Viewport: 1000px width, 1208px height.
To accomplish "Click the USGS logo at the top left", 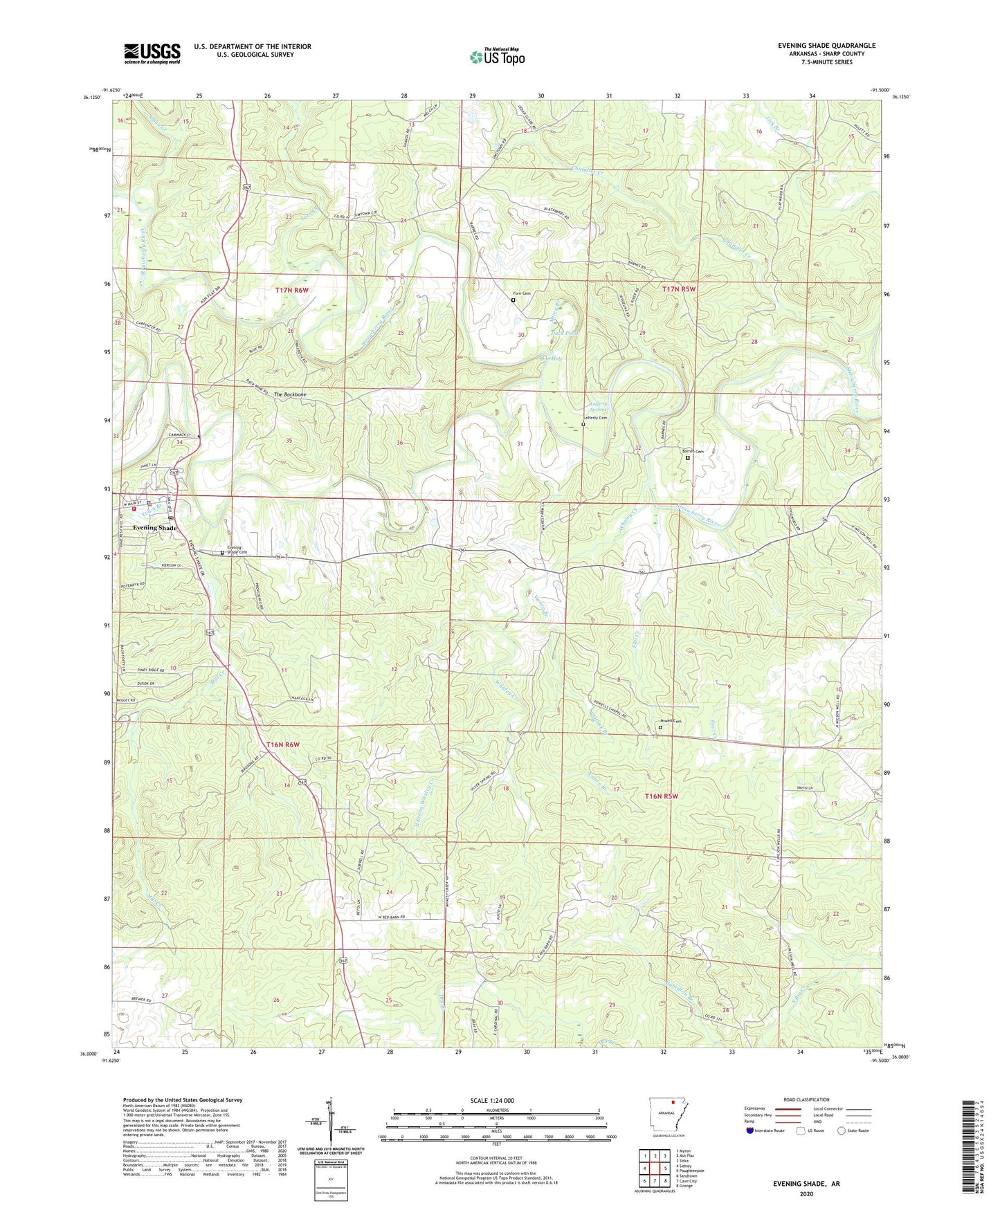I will tap(152, 53).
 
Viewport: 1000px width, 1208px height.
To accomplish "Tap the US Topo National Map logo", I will tap(497, 56).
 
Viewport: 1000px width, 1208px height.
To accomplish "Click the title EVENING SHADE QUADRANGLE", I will tap(826, 46).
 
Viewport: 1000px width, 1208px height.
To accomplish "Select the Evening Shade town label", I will tap(155, 528).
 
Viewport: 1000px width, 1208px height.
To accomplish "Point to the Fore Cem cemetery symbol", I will tap(513, 300).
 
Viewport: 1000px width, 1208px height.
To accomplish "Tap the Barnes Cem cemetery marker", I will tap(687, 458).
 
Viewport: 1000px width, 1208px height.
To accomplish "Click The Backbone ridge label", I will tap(290, 394).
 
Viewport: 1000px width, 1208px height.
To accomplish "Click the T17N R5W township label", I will tap(678, 289).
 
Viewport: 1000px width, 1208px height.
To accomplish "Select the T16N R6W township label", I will tap(283, 744).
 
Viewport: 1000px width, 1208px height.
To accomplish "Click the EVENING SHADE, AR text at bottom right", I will tap(806, 1184).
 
